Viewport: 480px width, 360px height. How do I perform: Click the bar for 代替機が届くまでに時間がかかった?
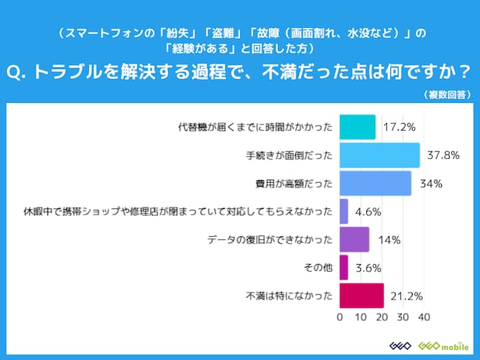(x=358, y=127)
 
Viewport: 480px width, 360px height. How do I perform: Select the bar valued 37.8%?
(x=379, y=155)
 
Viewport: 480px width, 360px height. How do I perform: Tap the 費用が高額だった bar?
(x=375, y=183)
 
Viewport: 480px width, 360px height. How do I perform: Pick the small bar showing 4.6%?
(x=345, y=211)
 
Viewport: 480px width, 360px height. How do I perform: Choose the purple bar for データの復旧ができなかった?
(x=355, y=239)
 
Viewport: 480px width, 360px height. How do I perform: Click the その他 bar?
(x=344, y=267)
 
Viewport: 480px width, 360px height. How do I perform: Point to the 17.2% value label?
(x=396, y=127)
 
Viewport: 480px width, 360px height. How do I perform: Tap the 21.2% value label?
(x=405, y=295)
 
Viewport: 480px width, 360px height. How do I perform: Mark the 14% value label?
(x=389, y=239)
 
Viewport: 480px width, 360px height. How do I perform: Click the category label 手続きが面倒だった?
(x=288, y=155)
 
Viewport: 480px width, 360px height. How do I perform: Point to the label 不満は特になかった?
(x=289, y=295)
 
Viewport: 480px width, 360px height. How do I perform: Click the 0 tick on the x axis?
(x=341, y=317)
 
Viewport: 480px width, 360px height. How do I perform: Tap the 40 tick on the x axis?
(x=423, y=317)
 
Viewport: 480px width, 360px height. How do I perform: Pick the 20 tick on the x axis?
(x=382, y=317)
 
